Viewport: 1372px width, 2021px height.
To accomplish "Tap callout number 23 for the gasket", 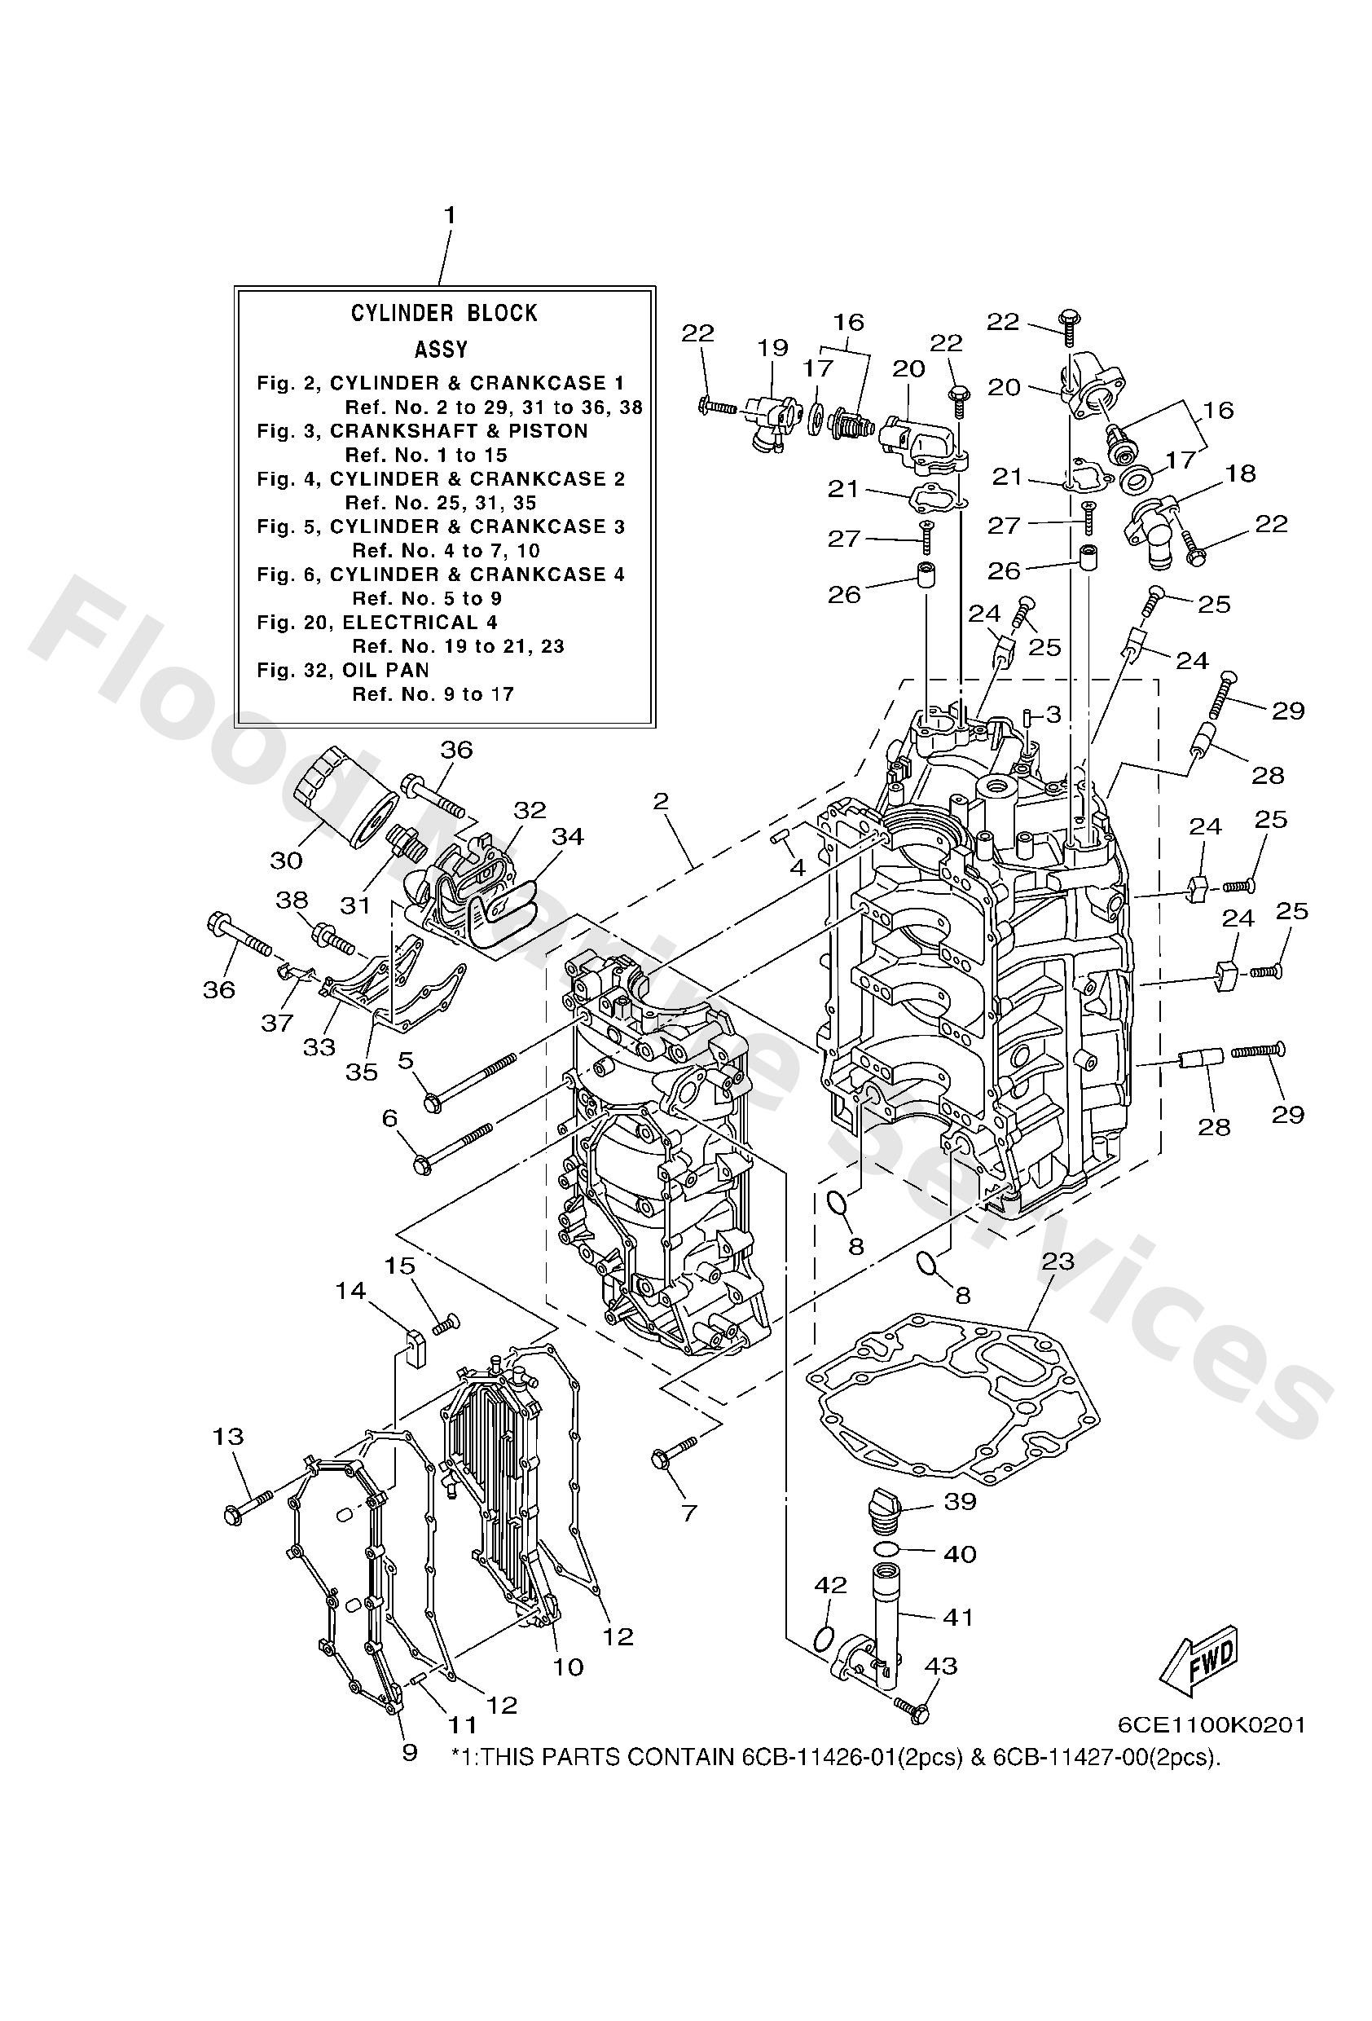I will pos(1058,1261).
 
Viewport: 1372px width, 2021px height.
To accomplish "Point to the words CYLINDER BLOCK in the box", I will pos(444,313).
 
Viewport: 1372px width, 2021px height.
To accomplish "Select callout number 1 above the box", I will pos(450,215).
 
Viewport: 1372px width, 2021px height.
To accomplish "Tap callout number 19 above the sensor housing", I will pos(772,348).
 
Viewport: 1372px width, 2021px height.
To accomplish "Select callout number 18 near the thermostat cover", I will pos(1241,473).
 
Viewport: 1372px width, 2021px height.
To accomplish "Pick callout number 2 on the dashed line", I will pos(661,801).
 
